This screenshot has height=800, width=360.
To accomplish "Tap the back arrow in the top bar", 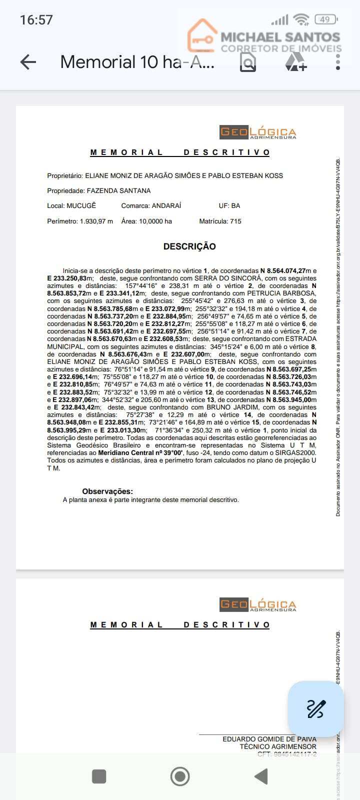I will (28, 62).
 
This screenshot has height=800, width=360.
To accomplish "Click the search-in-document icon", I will (248, 62).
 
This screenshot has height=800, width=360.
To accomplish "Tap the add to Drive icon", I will (295, 62).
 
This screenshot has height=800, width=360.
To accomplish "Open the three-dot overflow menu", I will (338, 62).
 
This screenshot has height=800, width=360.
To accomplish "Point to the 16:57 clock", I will (36, 20).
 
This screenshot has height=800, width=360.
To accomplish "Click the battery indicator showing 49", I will (325, 19).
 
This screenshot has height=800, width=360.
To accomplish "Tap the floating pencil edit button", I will (315, 709).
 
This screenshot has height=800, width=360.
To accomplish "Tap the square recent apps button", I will (99, 776).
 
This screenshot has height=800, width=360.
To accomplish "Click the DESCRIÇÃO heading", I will (189, 246).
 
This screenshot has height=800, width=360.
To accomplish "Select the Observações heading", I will (107, 491).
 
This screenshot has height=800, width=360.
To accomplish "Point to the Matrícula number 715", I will (235, 221).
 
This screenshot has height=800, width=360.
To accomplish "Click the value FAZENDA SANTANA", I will (118, 190).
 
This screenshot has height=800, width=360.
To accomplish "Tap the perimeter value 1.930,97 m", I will (96, 221).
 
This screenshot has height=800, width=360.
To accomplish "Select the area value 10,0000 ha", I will (155, 221).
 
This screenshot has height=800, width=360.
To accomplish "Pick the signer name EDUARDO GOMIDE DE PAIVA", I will (269, 739).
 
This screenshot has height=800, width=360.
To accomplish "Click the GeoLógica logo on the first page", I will (258, 132).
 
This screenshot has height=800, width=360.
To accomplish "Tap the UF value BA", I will (235, 205).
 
